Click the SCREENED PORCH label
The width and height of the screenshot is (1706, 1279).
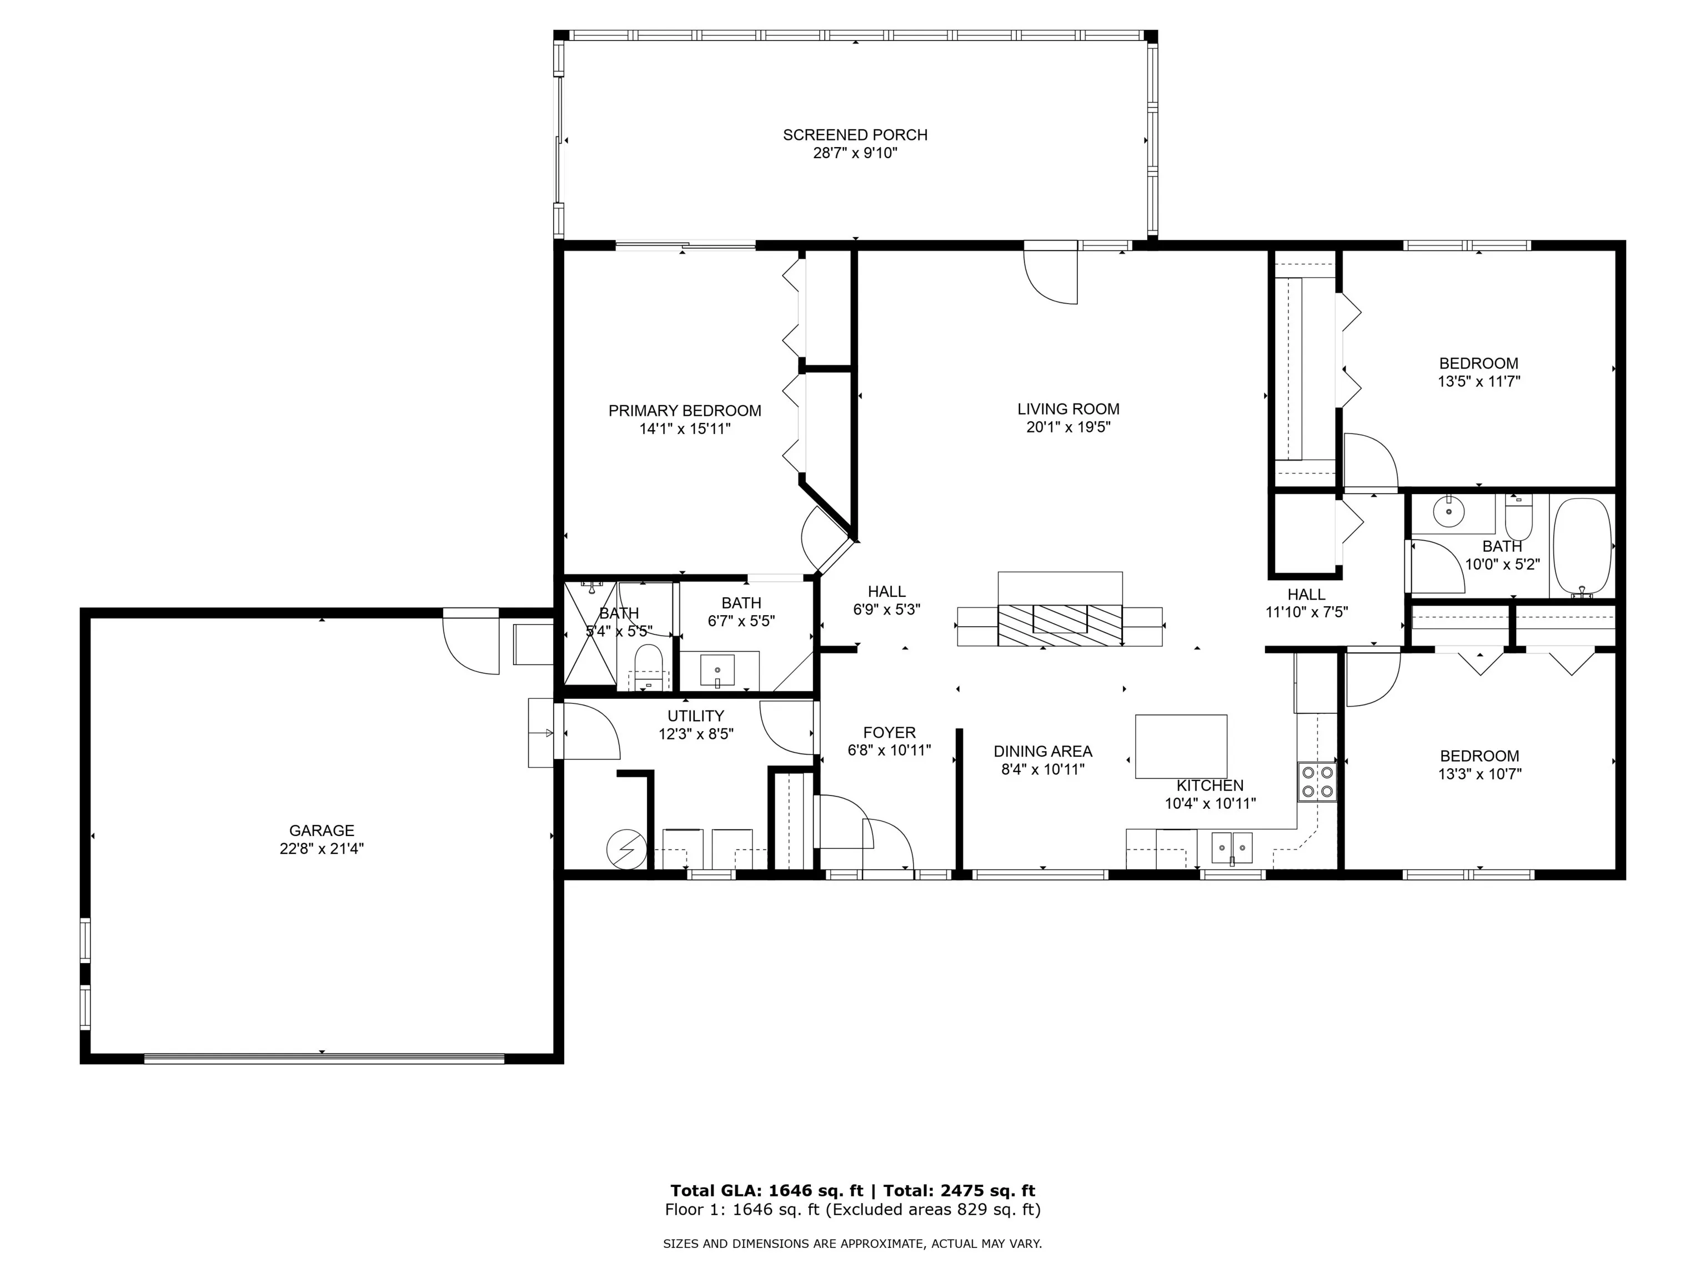coord(855,135)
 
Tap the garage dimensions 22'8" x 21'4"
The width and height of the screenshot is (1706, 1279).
coord(322,849)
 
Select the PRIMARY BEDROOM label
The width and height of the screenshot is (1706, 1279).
coord(685,411)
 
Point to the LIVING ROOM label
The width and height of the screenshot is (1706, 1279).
coord(1068,409)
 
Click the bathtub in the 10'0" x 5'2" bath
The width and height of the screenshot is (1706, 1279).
coord(1582,547)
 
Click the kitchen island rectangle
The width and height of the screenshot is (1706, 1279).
coord(1181,746)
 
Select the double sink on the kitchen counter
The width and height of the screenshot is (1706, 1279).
coord(1232,847)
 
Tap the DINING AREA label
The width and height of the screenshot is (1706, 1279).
coord(1043,751)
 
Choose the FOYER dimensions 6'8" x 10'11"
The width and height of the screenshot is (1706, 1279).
coord(889,750)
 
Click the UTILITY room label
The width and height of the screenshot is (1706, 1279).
coord(696,716)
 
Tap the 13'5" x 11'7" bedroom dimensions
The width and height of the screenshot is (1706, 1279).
coord(1478,381)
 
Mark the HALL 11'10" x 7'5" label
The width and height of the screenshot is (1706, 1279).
coord(1307,603)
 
